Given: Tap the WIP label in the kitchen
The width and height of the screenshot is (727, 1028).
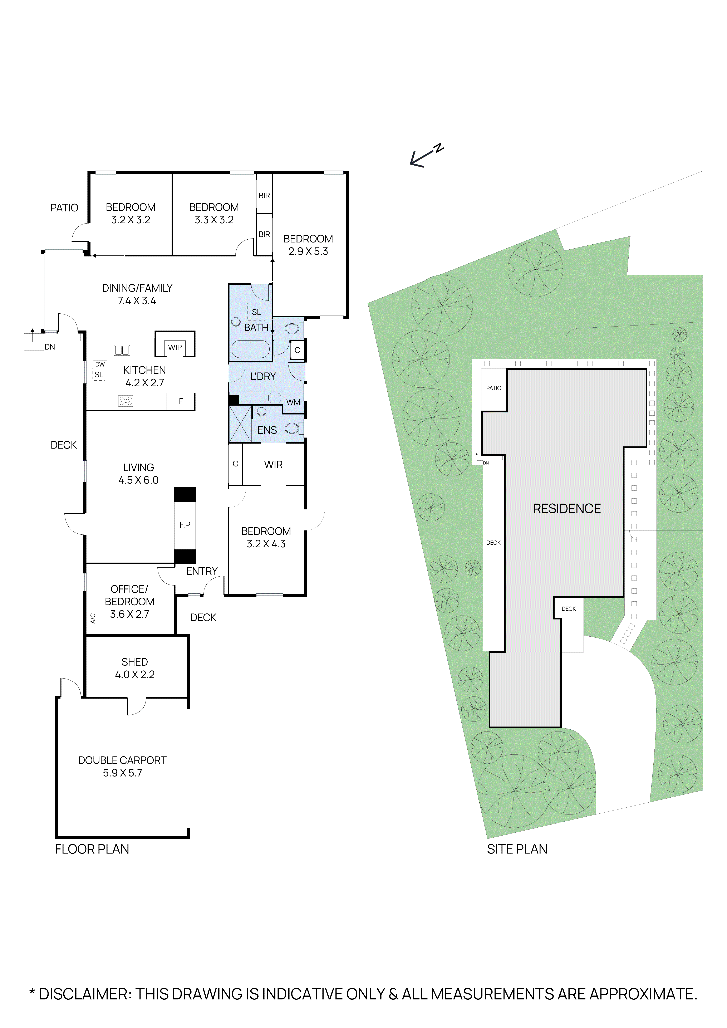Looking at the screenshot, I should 175,347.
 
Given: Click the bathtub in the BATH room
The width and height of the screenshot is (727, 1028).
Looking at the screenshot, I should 251,349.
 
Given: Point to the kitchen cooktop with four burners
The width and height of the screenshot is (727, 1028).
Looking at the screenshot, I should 125,401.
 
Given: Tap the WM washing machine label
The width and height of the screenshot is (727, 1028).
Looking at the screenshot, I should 293,402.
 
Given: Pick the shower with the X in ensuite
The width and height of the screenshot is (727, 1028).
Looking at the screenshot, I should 240,424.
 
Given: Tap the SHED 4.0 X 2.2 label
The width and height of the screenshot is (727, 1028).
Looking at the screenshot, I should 135,668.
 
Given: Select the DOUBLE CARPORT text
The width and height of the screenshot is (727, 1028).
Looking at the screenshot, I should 122,760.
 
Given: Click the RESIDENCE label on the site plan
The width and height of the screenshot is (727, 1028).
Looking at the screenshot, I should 567,509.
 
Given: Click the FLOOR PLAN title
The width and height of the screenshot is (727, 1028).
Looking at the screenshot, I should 92,849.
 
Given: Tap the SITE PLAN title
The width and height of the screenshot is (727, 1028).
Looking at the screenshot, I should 517,849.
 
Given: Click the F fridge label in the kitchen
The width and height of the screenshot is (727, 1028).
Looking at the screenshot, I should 181,401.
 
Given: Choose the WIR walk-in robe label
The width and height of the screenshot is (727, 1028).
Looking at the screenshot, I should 273,465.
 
